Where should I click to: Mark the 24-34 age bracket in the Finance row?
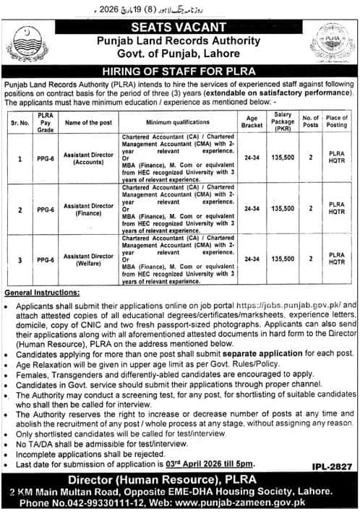click(252, 208)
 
